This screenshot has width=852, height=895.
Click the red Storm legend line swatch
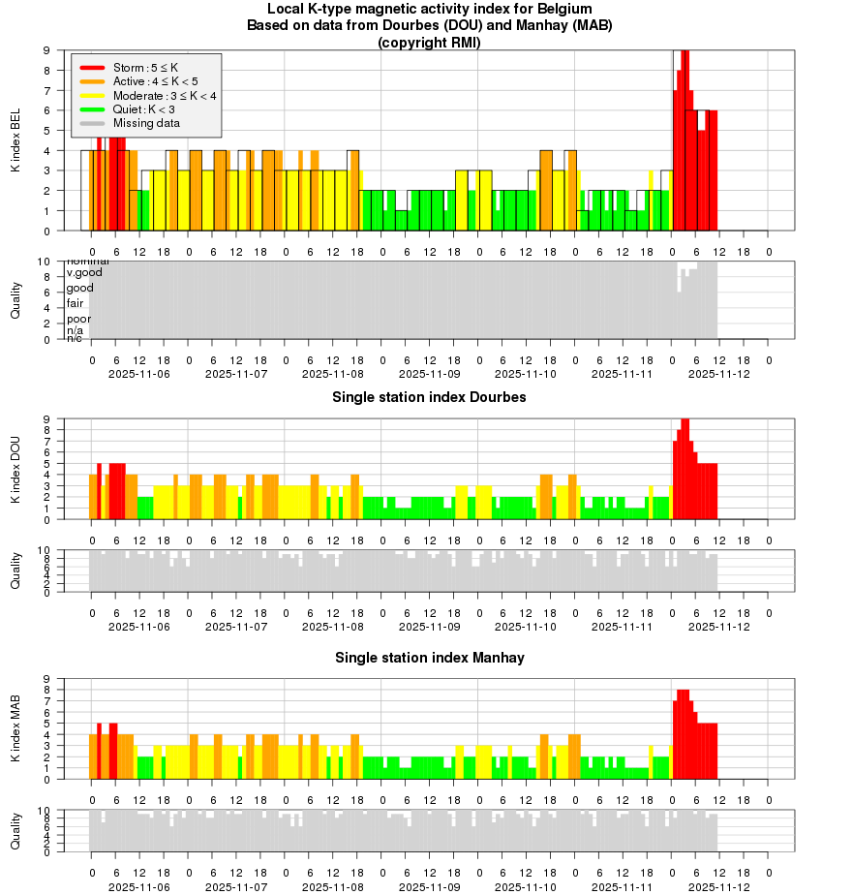[x=92, y=68]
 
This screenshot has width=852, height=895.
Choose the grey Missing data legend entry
[x=145, y=123]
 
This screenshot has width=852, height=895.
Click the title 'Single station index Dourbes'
[x=429, y=397]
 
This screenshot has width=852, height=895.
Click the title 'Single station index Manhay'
[x=429, y=658]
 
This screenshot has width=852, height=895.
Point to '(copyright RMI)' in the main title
[x=429, y=42]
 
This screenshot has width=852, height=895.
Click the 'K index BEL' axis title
[x=15, y=141]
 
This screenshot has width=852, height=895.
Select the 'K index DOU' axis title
[x=15, y=470]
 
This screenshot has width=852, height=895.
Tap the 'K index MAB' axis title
[x=15, y=729]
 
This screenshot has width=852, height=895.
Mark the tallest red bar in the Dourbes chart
[x=685, y=469]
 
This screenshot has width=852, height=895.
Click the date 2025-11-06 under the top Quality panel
[x=139, y=373]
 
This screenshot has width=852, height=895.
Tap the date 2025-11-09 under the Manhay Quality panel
[x=429, y=886]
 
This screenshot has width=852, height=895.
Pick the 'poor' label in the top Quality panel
[x=78, y=319]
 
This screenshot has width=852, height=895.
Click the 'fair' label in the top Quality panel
[x=75, y=303]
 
